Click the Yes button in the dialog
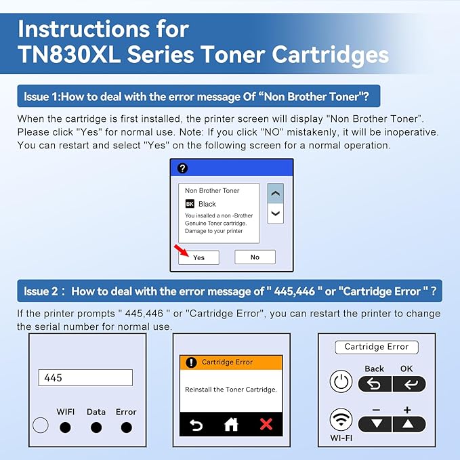point(198,257)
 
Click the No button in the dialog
point(255,257)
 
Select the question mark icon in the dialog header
point(182,169)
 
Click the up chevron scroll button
point(275,193)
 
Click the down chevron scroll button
point(275,213)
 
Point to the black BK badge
point(190,204)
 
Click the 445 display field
point(85,377)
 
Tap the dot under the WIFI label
point(65,427)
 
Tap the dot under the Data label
point(96,427)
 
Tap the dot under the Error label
point(126,427)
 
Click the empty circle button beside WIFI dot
point(41,426)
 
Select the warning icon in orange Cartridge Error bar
point(191,362)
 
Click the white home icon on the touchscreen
point(231,424)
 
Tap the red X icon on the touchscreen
point(266,424)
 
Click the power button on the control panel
point(341,382)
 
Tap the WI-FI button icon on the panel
point(341,419)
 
